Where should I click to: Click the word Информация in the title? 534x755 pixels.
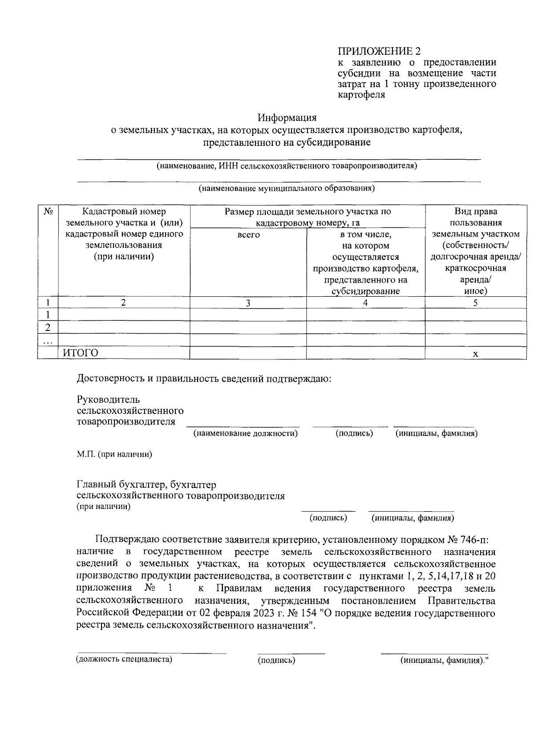tap(287, 118)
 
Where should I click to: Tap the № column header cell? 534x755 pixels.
tap(48, 212)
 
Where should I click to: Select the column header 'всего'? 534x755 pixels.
tap(248, 235)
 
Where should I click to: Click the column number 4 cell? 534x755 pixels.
tap(365, 303)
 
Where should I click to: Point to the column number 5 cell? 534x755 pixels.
tap(475, 303)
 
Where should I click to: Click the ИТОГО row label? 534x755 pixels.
tap(80, 353)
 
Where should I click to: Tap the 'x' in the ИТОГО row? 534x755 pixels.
tap(475, 354)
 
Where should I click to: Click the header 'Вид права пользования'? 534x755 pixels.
tap(475, 217)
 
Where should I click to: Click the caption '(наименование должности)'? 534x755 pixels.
tap(245, 433)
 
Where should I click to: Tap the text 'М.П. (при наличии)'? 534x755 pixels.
tap(114, 454)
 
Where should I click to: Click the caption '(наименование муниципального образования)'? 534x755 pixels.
tap(287, 188)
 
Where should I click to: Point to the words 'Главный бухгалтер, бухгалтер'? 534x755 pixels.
tap(146, 484)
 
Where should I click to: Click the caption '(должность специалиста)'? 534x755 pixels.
tap(124, 659)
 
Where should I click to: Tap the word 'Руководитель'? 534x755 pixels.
tap(108, 399)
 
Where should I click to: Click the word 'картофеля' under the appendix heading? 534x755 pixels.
tap(361, 95)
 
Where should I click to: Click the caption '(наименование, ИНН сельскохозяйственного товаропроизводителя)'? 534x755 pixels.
tap(287, 166)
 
